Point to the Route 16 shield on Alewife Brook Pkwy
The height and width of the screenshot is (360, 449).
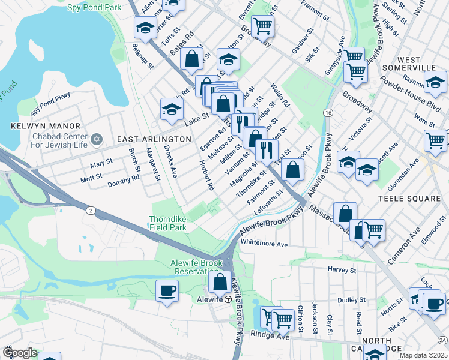(x=328, y=113)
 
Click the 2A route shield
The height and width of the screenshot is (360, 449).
(x=442, y=340)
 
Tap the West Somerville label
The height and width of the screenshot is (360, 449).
(x=417, y=64)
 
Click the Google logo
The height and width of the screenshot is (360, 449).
(x=20, y=353)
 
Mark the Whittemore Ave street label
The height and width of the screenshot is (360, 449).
(x=264, y=244)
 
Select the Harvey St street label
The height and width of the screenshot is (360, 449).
(x=342, y=270)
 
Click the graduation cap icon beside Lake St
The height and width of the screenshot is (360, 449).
(x=172, y=109)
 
